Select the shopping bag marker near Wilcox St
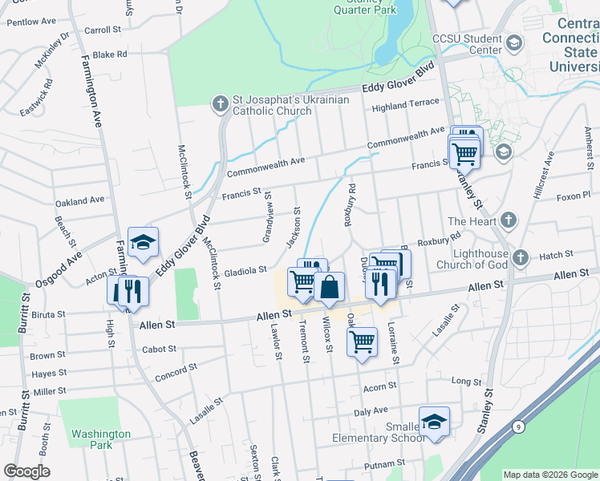point(329,286)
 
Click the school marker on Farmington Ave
point(143,242)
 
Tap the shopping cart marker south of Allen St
point(362,341)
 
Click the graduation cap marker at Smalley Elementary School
point(434,422)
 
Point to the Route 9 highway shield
point(520,427)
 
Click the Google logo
point(26,471)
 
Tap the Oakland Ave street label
point(79,200)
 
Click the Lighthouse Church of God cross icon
point(521,257)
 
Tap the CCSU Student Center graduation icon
point(514,42)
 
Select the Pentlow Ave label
point(31,21)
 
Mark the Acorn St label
point(375,388)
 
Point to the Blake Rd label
point(110,55)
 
